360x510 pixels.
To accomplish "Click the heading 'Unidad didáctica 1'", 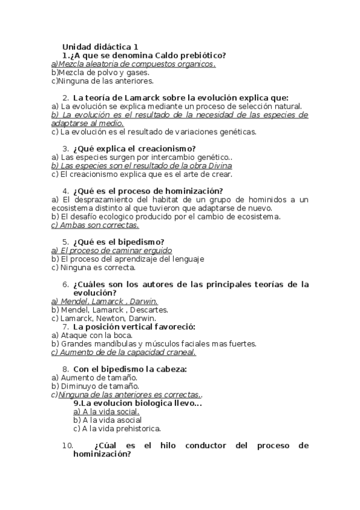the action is coord(100,46).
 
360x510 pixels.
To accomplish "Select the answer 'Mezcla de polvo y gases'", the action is coord(100,72).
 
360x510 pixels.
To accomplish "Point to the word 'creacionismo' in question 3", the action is coord(162,149).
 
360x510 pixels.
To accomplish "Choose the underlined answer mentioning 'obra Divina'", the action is coord(142,165).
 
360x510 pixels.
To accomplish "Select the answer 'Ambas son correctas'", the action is coord(96,225).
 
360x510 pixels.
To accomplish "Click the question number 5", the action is coord(66,242).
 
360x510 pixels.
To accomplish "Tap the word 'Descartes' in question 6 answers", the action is coord(149,310).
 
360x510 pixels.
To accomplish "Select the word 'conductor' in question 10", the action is coord(203,446).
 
